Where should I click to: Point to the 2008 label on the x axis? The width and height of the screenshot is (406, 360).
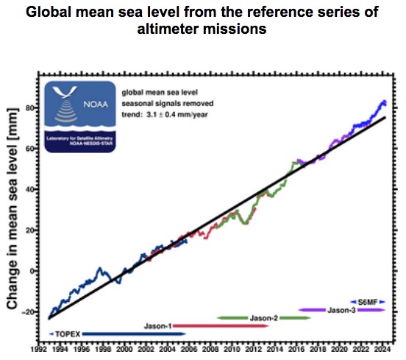pyautogui.click(x=210, y=352)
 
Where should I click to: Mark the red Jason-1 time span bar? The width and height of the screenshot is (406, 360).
pyautogui.click(x=221, y=325)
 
